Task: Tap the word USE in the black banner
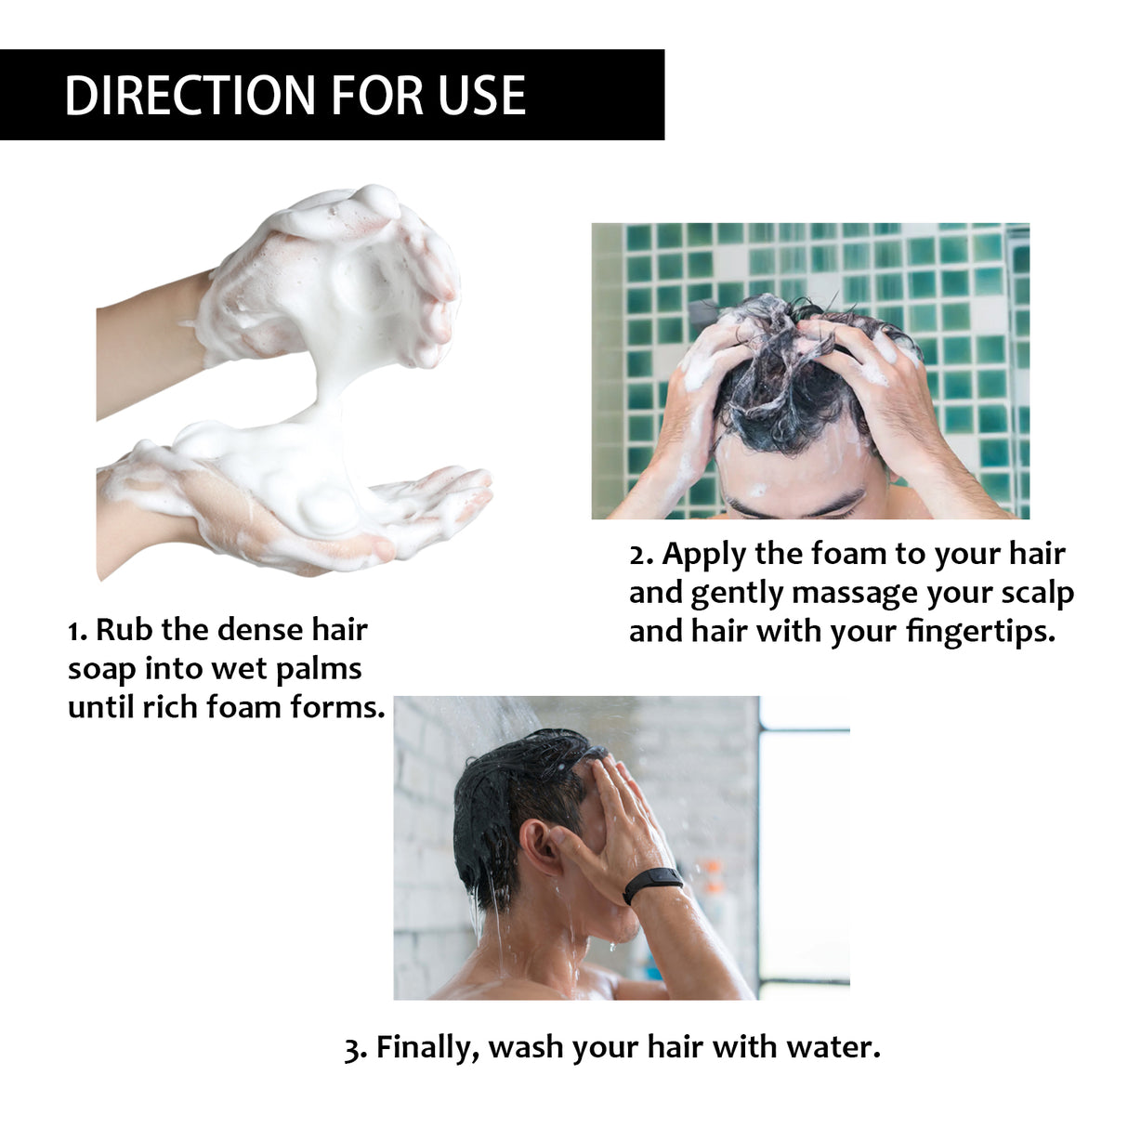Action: click(x=482, y=96)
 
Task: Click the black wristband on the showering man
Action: click(x=651, y=882)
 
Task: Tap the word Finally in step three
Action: click(x=428, y=1047)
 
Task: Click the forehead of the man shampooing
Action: click(x=799, y=473)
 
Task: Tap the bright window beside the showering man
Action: click(x=804, y=855)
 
